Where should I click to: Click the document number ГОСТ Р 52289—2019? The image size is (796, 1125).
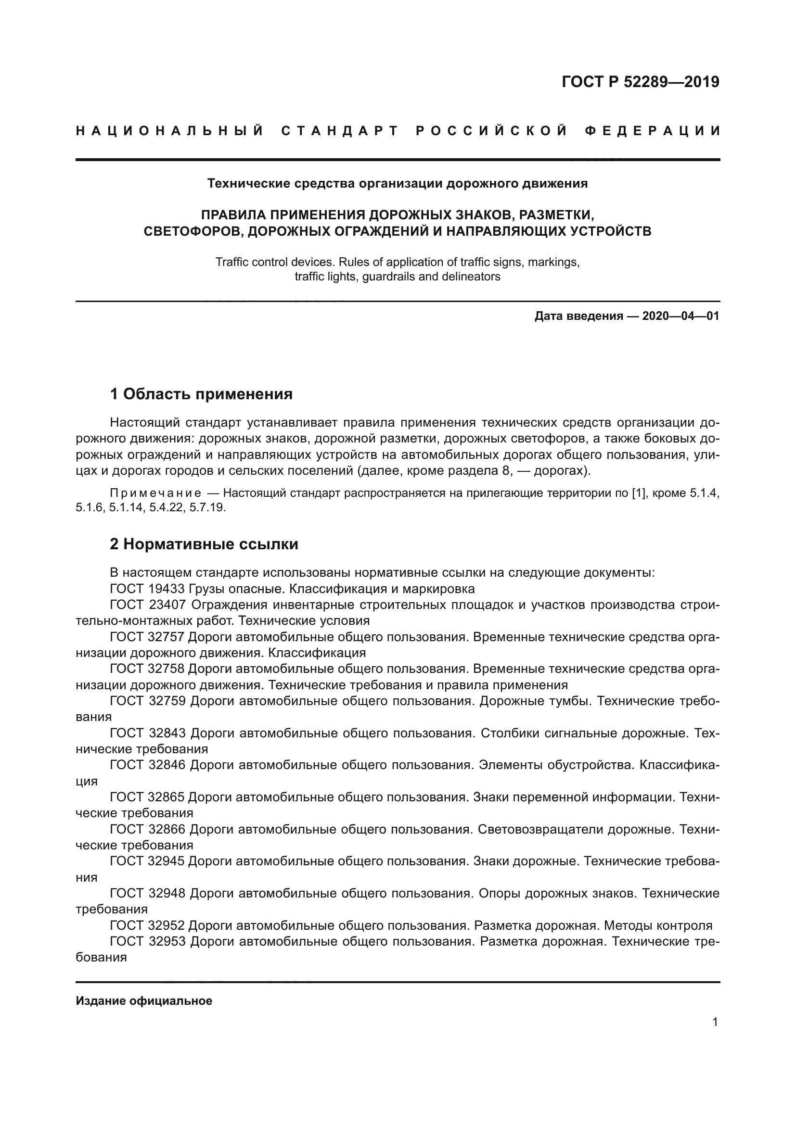640,82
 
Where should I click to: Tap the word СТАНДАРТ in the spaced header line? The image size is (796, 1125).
340,131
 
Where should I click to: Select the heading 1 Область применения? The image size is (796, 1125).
201,394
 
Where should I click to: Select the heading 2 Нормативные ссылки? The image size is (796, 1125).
204,544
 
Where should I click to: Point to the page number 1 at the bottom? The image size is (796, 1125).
715,1022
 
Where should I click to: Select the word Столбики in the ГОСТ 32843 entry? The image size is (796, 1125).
507,733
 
